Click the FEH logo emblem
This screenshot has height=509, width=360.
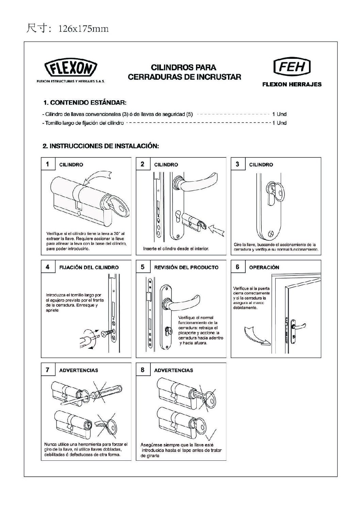click(292, 67)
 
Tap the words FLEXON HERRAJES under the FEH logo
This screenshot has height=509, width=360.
click(292, 85)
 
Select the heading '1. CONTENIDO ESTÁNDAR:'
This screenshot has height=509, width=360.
click(85, 102)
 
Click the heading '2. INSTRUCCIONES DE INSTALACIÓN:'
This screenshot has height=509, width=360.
click(101, 146)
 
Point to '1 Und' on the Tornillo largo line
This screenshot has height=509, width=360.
click(279, 123)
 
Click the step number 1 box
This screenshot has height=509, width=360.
click(47, 164)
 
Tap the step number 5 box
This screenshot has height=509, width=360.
click(142, 267)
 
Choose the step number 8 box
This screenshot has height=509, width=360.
click(142, 370)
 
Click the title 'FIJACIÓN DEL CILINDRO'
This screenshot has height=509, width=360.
click(89, 267)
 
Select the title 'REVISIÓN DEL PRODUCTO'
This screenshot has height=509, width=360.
click(186, 267)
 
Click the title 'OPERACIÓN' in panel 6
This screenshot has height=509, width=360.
click(264, 267)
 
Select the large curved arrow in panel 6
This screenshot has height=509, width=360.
click(255, 335)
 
